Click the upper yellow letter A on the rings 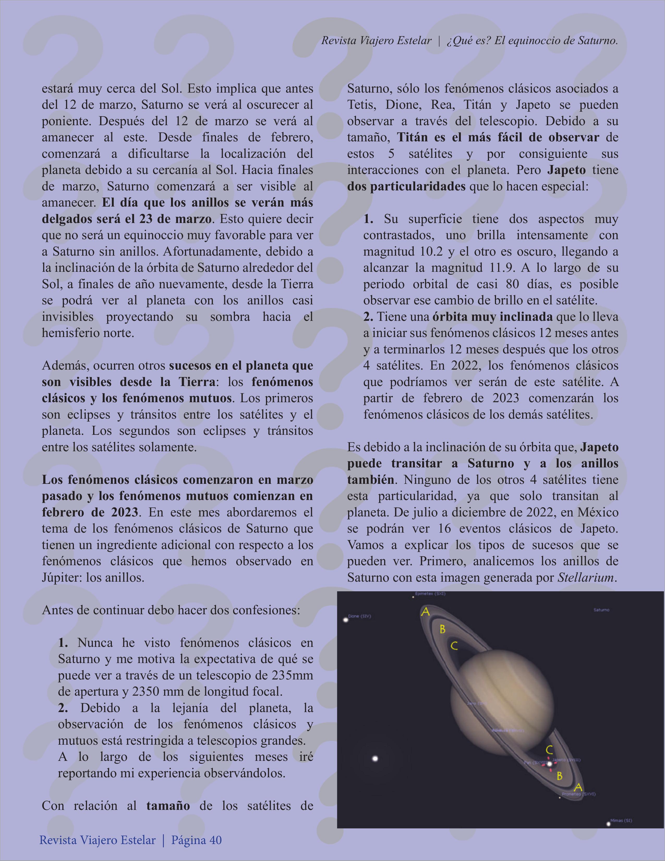click(425, 612)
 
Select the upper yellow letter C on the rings click(454, 646)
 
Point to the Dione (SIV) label click(360, 616)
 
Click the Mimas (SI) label click(621, 820)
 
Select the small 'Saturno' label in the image click(601, 610)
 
